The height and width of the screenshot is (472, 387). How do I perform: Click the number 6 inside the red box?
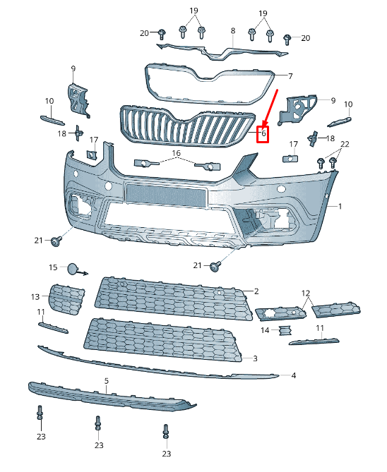[x=263, y=133]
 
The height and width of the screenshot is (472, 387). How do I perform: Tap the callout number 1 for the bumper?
[x=340, y=206]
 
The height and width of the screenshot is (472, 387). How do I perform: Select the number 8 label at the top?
[x=232, y=31]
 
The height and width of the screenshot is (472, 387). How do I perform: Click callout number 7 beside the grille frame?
[x=289, y=75]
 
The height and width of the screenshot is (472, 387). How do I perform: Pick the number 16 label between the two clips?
[x=176, y=153]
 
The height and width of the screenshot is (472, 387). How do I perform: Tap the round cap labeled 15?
[x=73, y=268]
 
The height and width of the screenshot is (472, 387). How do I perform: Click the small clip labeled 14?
[x=284, y=330]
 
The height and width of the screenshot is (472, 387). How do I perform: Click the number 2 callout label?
[x=256, y=291]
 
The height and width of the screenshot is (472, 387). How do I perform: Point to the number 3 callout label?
[x=255, y=358]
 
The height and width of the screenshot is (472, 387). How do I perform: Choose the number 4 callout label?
[x=293, y=376]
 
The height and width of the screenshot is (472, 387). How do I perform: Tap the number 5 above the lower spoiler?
[x=107, y=381]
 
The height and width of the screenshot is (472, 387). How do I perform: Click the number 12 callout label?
[x=305, y=293]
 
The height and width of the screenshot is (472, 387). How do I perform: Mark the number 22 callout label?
[x=344, y=145]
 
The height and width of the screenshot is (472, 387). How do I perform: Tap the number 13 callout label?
[x=35, y=296]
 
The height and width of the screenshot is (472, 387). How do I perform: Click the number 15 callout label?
[x=52, y=267]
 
